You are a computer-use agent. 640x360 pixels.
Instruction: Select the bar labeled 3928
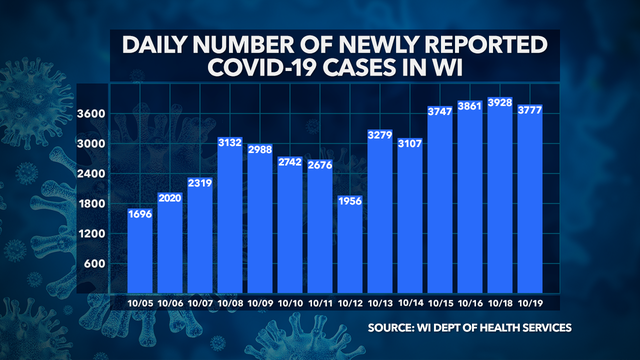pyautogui.click(x=521, y=200)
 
